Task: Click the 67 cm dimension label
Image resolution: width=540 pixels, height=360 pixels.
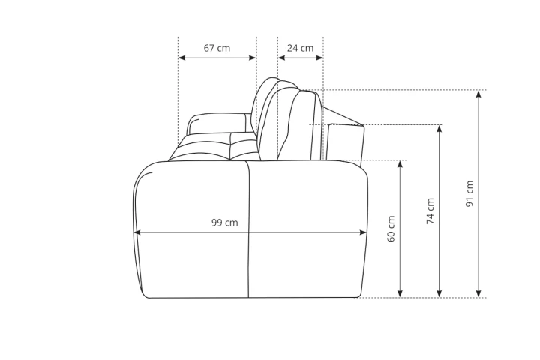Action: [x=217, y=48]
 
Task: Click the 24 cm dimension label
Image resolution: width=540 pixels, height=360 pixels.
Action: [x=300, y=48]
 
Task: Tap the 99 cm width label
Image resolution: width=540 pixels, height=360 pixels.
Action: [x=224, y=223]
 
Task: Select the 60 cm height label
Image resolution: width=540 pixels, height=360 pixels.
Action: [x=391, y=229]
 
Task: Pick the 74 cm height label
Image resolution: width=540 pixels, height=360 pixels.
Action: [x=430, y=211]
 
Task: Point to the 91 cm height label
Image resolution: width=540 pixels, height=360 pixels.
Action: [x=469, y=193]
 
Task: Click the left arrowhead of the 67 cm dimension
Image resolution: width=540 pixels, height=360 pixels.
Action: [x=181, y=58]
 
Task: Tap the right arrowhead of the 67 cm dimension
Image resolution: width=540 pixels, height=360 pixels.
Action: [x=253, y=58]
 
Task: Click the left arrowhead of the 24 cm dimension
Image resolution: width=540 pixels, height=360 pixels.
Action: [x=282, y=58]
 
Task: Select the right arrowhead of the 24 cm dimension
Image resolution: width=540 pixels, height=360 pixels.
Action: [x=319, y=58]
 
